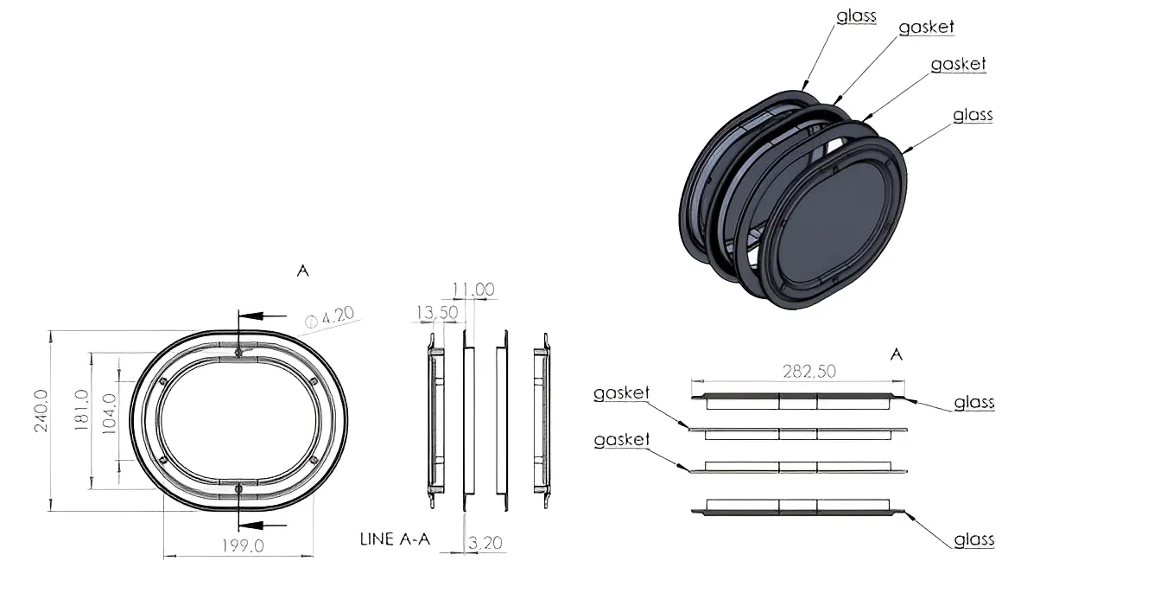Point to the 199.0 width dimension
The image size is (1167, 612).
[243, 545]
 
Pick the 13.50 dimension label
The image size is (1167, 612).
[437, 312]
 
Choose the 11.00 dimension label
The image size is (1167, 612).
[473, 290]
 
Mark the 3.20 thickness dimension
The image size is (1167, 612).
[485, 543]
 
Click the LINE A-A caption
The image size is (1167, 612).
[395, 539]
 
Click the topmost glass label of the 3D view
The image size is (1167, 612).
[856, 16]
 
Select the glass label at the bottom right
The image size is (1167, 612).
[974, 540]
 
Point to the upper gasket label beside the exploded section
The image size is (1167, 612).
[621, 393]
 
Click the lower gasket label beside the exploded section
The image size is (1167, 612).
[621, 440]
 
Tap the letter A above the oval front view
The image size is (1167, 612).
[302, 271]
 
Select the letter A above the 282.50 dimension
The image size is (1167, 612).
[897, 354]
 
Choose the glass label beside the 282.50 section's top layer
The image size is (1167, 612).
[974, 403]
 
